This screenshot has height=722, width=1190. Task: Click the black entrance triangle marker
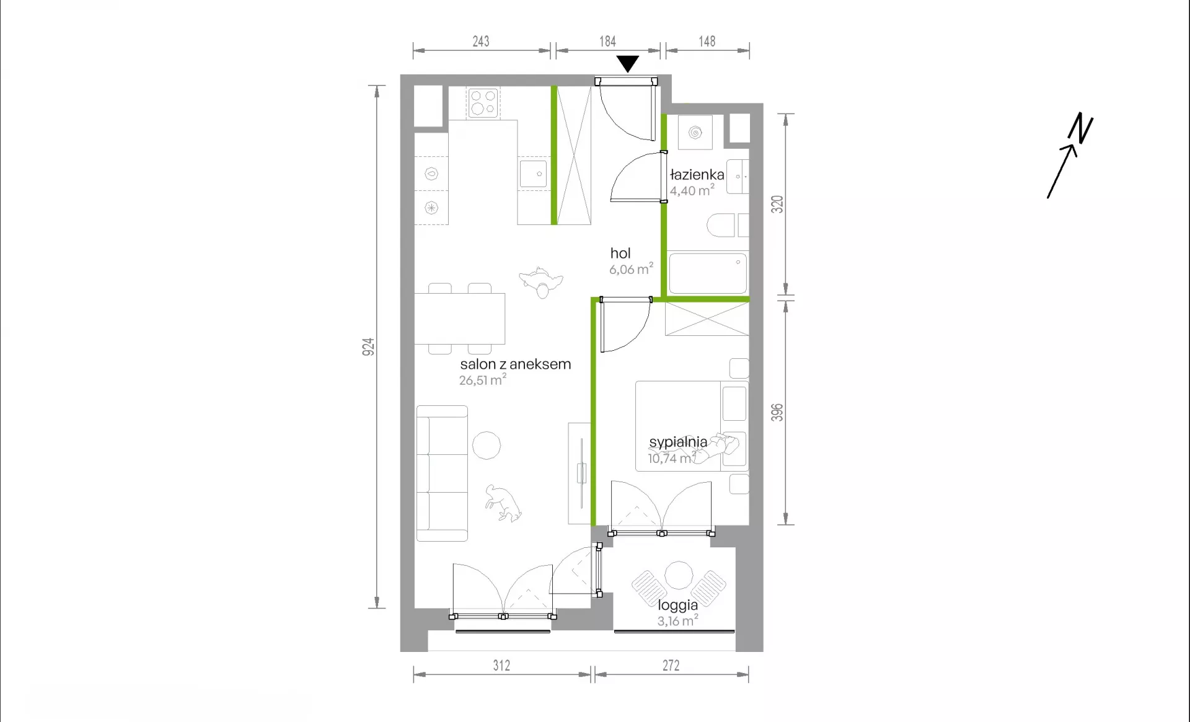click(628, 63)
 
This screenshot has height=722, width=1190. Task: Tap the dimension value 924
click(368, 346)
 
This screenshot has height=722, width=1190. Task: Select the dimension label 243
click(481, 42)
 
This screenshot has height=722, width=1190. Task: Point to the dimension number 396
click(777, 412)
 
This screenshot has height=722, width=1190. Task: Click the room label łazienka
click(697, 175)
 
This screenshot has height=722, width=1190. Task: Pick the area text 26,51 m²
click(483, 380)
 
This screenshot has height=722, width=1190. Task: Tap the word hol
click(620, 253)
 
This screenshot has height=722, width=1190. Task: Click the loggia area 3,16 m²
click(678, 620)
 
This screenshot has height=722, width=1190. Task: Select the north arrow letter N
click(1080, 128)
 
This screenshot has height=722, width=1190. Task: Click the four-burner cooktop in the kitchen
click(483, 103)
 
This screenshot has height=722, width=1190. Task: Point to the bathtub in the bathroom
click(708, 273)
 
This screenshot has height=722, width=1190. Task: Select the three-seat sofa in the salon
click(441, 473)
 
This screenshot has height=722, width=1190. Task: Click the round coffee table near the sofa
click(487, 446)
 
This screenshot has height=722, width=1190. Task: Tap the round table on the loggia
click(679, 576)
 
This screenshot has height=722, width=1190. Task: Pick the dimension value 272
click(671, 666)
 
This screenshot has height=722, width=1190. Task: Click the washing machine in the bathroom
click(695, 132)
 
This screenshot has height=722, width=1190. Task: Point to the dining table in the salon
click(459, 319)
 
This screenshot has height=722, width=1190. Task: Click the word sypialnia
click(678, 442)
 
